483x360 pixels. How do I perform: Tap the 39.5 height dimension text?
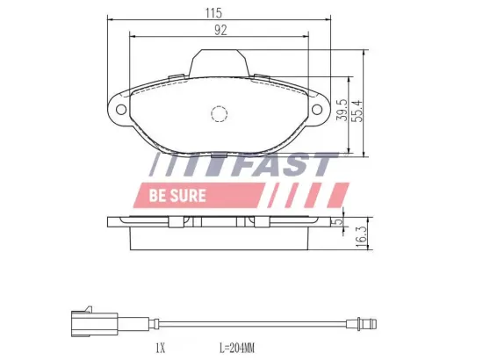pyautogui.click(x=341, y=112)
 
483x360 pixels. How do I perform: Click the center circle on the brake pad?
pyautogui.click(x=220, y=114)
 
